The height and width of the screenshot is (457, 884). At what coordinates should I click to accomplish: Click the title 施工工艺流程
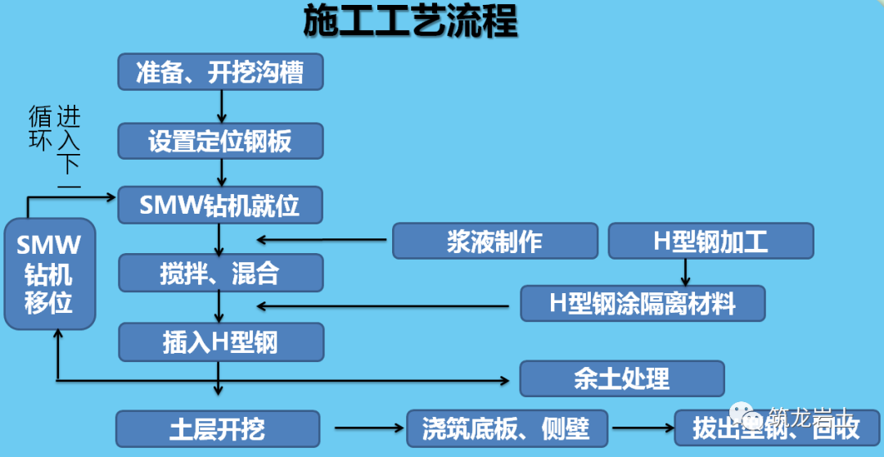coord(410,22)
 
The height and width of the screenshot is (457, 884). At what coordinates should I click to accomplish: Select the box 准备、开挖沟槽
coord(221,72)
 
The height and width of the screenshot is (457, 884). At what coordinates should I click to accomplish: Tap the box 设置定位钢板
coord(221,141)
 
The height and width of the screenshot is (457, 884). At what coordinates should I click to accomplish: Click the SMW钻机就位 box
coord(221,205)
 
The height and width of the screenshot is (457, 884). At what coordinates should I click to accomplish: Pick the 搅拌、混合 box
coord(221,273)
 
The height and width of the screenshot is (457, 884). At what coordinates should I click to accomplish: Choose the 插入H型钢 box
coord(221,342)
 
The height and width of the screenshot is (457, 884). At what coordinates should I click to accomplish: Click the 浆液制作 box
coord(494,241)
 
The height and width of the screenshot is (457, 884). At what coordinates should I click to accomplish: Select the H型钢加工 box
coord(710,241)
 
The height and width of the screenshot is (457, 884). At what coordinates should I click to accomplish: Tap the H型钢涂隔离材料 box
coord(643,303)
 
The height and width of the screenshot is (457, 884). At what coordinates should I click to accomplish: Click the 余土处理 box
coord(622,378)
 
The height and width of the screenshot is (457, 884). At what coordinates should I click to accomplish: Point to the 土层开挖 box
coord(217,428)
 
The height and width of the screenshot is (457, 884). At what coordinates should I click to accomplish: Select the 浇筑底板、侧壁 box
coord(508,428)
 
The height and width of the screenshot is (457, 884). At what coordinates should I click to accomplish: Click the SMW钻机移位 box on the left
coord(49,274)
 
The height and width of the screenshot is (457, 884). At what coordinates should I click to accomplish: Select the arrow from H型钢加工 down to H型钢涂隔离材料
coord(686,272)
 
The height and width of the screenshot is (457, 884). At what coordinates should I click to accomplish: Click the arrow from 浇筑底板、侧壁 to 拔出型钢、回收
coord(642,428)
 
